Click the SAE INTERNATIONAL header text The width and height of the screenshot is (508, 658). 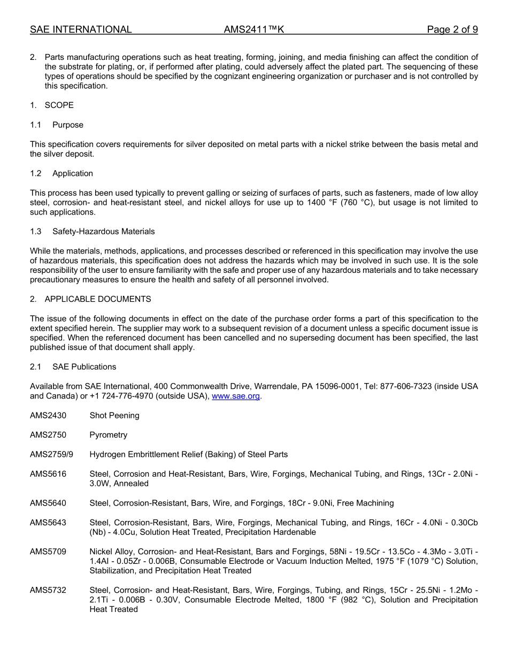pos(81,29)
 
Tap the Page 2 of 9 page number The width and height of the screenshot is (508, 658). pos(452,29)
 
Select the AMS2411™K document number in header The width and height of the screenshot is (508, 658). pos(253,29)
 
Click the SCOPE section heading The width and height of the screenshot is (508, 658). pos(59,105)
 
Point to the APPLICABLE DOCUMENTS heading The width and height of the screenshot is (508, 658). pos(97,299)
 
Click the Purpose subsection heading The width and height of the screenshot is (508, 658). pos(67,125)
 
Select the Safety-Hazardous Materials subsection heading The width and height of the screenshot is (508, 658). pos(103,232)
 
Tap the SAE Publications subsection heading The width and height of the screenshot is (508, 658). pos(84,367)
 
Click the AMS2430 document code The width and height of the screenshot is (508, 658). pos(48,416)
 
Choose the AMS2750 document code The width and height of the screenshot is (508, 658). pos(48,435)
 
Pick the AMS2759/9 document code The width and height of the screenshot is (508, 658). pos(51,455)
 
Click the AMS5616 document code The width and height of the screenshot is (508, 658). pos(48,474)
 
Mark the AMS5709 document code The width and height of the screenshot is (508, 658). pos(48,552)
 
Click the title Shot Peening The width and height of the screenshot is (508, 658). pos(114,416)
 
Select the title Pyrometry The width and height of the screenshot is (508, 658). pos(109,435)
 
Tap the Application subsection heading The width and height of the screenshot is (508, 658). pos(72,173)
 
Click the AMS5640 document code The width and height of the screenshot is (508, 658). pos(48,503)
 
